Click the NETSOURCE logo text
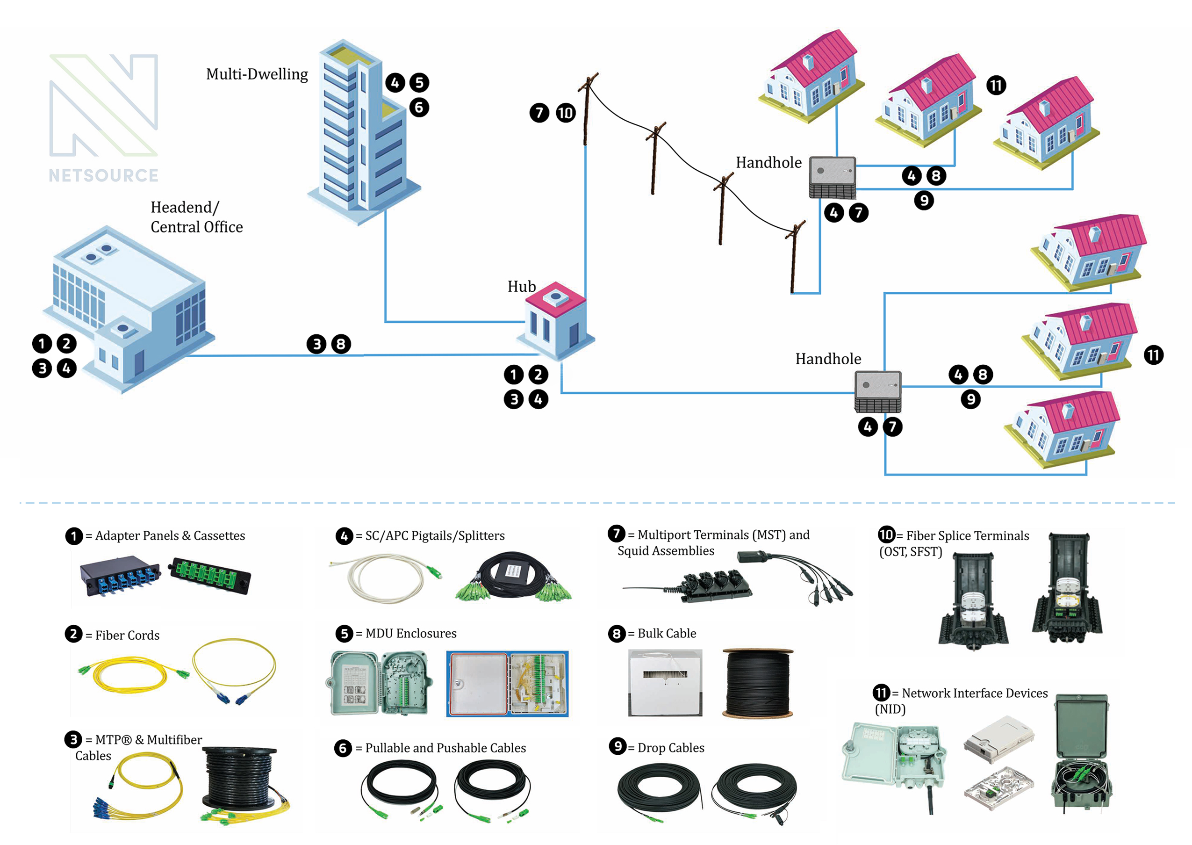103,175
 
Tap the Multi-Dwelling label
257,74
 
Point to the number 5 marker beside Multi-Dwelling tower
419,82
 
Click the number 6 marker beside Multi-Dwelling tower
419,108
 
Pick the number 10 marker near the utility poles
565,113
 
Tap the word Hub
522,287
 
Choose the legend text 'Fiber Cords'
128,636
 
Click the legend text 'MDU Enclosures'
411,633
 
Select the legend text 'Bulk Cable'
667,633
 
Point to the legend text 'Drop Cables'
671,748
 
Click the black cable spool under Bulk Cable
758,683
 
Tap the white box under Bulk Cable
665,683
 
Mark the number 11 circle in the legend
881,693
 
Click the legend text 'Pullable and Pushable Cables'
445,748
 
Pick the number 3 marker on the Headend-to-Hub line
316,344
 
